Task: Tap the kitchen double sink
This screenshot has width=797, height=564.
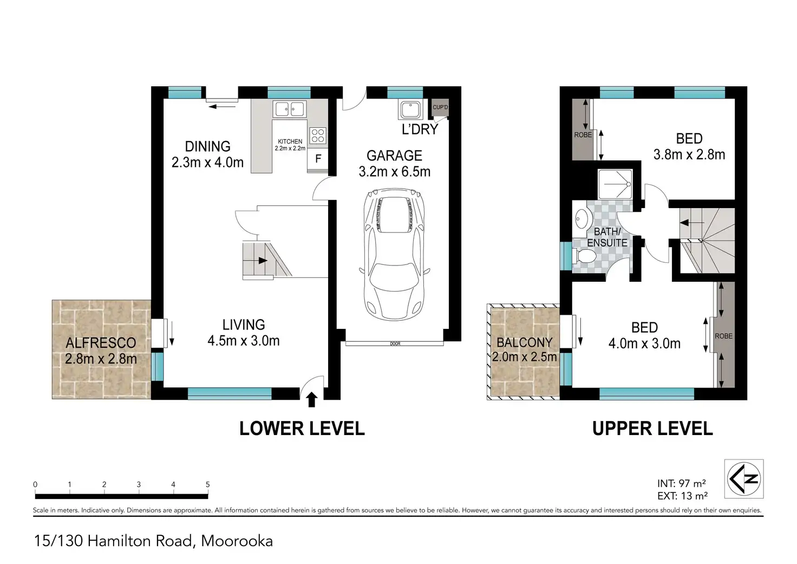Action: point(289,109)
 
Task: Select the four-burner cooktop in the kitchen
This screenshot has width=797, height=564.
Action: point(318,135)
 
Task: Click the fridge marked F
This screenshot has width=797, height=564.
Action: point(318,158)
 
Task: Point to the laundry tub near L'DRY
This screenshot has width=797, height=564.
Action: point(410,109)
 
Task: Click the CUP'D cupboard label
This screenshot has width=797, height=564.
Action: point(440,107)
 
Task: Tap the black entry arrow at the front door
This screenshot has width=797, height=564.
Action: point(312,399)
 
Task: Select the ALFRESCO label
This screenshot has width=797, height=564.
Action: point(101,343)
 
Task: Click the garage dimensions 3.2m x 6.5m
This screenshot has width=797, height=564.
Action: point(395,172)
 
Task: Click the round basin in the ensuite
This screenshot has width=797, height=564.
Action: point(582,219)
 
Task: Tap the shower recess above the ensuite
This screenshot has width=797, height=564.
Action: point(615,184)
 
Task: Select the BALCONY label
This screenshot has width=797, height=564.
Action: point(525,342)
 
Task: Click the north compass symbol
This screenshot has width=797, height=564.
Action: point(743,479)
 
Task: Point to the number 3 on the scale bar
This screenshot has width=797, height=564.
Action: point(139,484)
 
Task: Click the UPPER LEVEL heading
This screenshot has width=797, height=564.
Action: point(652,429)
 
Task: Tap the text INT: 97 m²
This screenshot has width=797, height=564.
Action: point(682,483)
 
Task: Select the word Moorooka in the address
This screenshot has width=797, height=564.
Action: point(237,541)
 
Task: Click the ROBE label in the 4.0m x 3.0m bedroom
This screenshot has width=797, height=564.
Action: point(724,336)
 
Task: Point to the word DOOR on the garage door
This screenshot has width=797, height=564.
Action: point(395,343)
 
